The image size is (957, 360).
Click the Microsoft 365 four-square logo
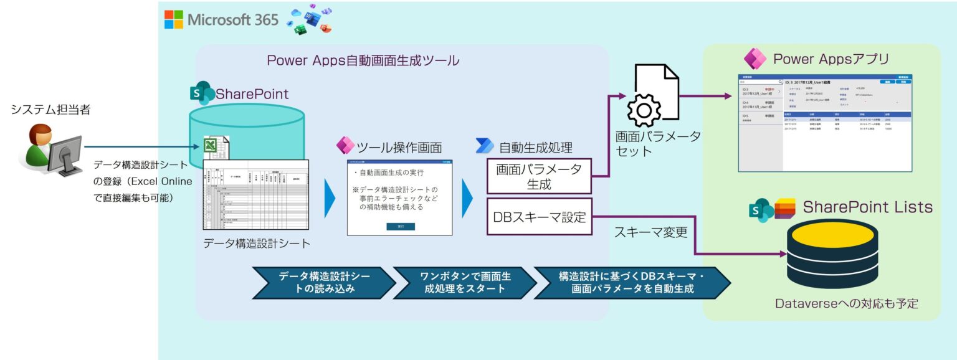(174, 19)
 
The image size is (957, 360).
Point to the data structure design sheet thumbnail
(256, 194)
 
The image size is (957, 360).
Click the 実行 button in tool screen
(400, 227)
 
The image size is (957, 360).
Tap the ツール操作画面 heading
(399, 148)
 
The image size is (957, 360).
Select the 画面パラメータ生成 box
(539, 177)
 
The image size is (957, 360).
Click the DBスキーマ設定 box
(539, 217)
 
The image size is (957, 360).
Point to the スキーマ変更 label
(650, 232)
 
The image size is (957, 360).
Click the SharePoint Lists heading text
(867, 207)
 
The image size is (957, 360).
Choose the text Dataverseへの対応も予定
(847, 304)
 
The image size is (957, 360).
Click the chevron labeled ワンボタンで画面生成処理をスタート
(465, 283)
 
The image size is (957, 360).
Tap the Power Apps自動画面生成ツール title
(363, 61)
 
